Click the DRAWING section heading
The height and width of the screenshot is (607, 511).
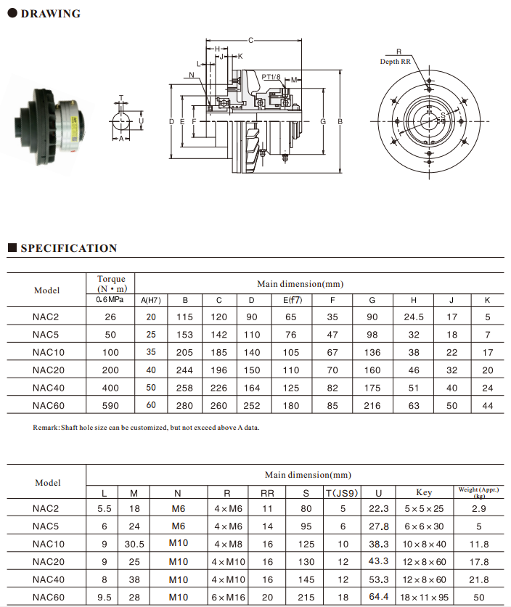[50, 14]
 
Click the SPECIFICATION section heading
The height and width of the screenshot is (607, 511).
[68, 248]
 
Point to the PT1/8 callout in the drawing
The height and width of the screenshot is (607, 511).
[271, 76]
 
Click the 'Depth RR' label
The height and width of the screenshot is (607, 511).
[395, 62]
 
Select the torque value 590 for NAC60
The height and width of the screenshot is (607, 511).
[110, 405]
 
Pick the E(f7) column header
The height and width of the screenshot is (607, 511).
[292, 299]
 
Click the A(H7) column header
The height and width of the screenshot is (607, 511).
[151, 299]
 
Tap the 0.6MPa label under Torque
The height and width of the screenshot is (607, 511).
[110, 299]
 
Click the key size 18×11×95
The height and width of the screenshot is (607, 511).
[424, 597]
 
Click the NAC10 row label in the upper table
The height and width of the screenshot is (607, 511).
[49, 352]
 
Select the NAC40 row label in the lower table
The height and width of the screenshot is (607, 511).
[49, 579]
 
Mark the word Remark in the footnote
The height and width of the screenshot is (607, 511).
[47, 428]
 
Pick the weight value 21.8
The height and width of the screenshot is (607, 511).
[479, 579]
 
